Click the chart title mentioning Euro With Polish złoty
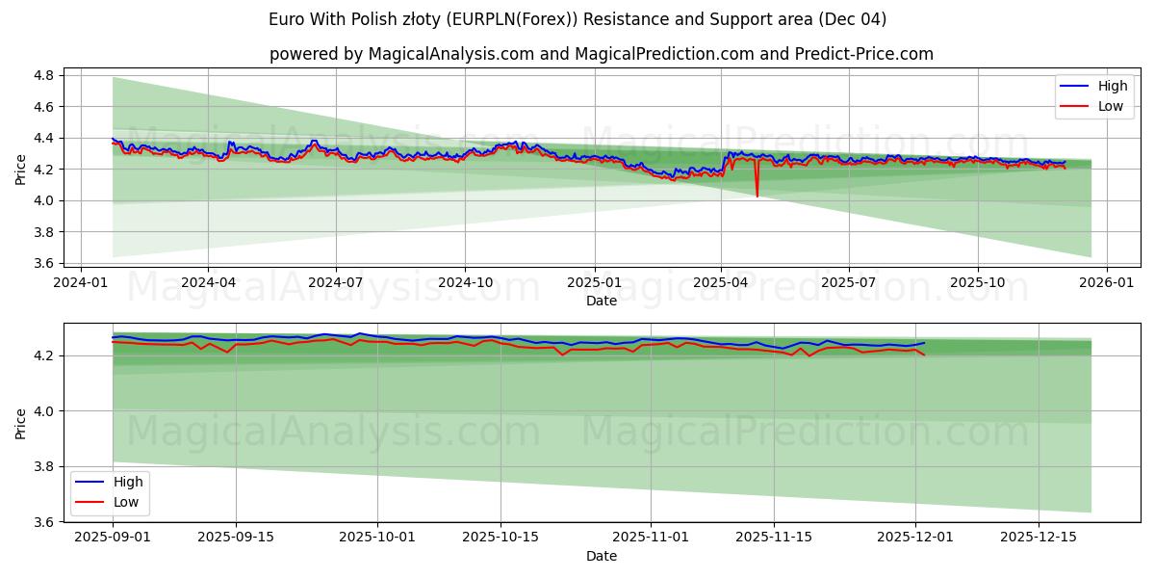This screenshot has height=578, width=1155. [577, 19]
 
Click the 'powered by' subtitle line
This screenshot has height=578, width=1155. [602, 54]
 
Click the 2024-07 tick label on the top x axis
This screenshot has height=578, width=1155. [336, 282]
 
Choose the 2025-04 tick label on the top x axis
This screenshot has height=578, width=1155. [721, 282]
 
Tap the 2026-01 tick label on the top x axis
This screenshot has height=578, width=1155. [1106, 282]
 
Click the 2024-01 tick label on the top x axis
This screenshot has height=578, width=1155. [80, 282]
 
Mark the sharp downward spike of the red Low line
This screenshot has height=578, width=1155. [757, 196]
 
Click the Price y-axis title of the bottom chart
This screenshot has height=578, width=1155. [21, 423]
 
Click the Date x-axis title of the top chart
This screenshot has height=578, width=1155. [602, 301]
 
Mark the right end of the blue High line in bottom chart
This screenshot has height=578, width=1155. [924, 343]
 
